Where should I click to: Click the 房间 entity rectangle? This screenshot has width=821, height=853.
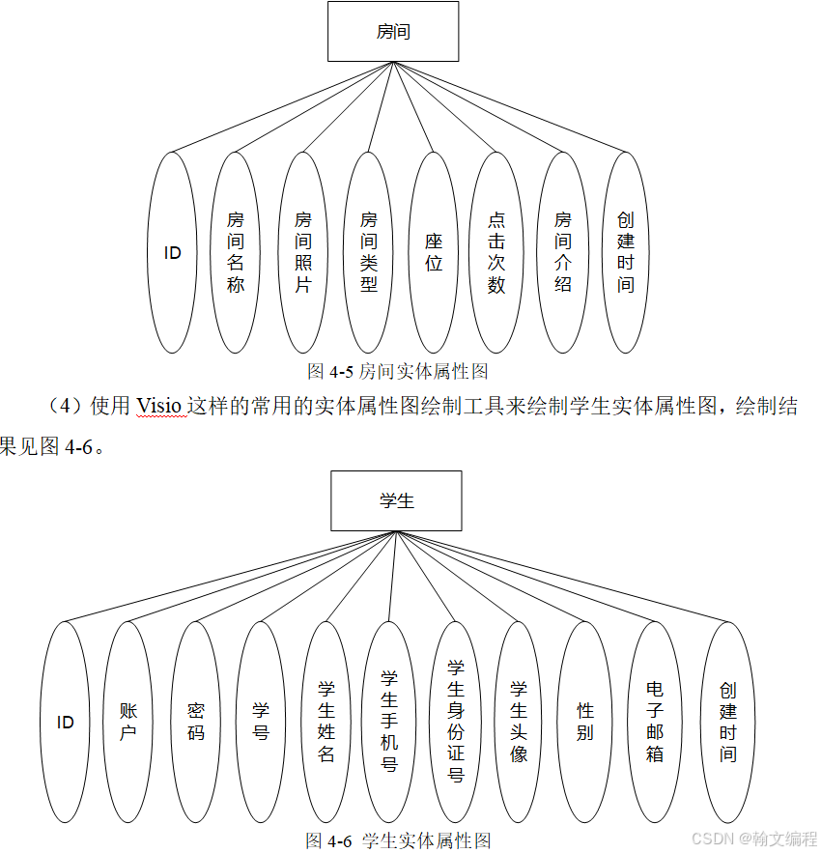393,32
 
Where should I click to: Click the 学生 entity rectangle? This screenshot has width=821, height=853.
396,500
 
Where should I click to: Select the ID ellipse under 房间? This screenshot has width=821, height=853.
173,253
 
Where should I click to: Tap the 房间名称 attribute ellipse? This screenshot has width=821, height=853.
237,253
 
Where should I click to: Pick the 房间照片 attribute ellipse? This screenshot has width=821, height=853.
303,253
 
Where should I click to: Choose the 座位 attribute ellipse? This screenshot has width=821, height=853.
434,253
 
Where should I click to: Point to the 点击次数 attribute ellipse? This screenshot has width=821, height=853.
496,253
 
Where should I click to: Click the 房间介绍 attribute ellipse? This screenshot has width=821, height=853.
563,253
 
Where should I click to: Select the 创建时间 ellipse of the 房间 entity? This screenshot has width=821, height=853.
626,253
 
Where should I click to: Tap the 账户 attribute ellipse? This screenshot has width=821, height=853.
128,722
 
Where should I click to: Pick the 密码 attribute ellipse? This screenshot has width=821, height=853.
196,722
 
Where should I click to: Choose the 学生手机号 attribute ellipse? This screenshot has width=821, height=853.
389,722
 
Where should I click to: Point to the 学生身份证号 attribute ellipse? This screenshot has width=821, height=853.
456,722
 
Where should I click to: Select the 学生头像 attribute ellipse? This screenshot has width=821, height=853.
519,722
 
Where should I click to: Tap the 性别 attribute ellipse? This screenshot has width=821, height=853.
585,722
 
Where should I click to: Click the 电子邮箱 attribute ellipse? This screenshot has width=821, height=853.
655,722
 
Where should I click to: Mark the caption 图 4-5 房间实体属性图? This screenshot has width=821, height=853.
398,371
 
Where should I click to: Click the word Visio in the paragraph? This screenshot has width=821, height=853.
158,407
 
